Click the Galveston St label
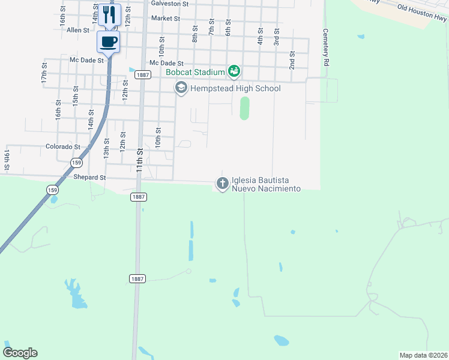tap(170, 4)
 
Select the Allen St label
tap(78, 30)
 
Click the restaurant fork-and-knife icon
tap(109, 14)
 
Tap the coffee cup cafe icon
tap(109, 41)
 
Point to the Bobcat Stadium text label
tap(196, 73)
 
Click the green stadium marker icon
tap(234, 72)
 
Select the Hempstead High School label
tap(235, 89)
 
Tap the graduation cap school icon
tap(180, 88)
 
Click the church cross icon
tap(222, 183)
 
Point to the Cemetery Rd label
tap(326, 47)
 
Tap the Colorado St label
tap(63, 146)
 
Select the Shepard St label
tap(89, 178)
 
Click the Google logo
tap(20, 353)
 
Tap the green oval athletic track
tap(244, 109)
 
